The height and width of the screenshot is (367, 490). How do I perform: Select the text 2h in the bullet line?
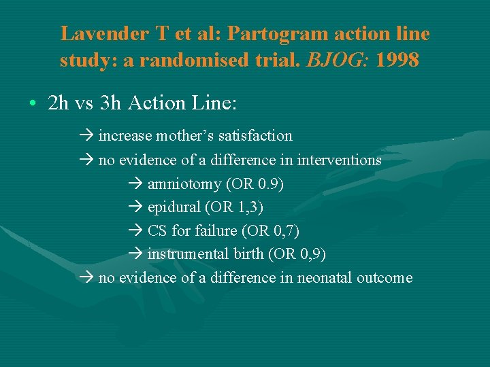[x=59, y=103]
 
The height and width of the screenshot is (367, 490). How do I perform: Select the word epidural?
[x=174, y=207]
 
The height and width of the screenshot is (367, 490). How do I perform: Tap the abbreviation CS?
[x=158, y=231]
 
